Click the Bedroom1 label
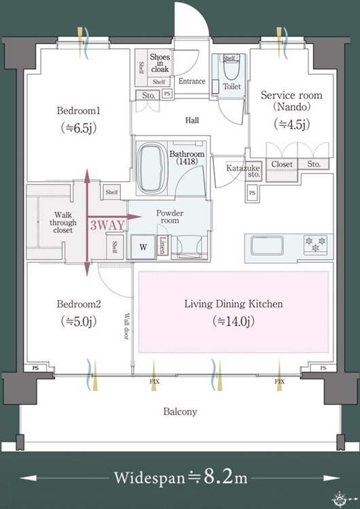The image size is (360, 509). (x=79, y=111)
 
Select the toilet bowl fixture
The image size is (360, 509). (x=232, y=69)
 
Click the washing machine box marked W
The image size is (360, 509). (x=143, y=247)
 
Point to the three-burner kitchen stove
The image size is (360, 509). (x=315, y=244)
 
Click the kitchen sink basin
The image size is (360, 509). (x=267, y=246)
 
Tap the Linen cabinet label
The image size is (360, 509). (x=162, y=245)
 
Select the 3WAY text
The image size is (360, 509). (x=107, y=225)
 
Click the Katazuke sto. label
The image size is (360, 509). (x=243, y=171)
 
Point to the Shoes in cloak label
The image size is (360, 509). (x=160, y=63)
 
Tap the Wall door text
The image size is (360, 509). (x=126, y=326)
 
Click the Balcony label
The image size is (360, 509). (x=180, y=412)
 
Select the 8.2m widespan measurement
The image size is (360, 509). (x=226, y=477)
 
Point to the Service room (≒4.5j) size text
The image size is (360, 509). (x=292, y=124)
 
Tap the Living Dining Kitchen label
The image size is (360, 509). (x=234, y=304)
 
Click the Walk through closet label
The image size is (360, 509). (x=63, y=223)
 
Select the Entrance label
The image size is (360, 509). (x=192, y=81)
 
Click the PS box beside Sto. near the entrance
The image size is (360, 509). (x=167, y=94)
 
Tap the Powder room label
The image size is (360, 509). (x=170, y=216)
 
